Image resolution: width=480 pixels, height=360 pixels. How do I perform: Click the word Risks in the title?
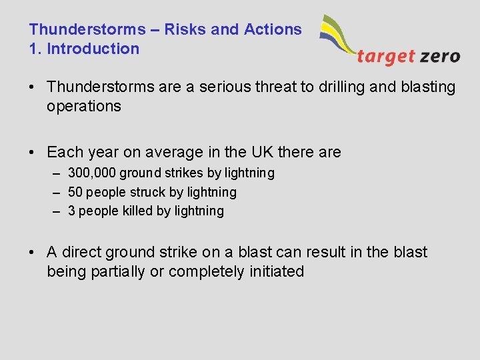pyautogui.click(x=183, y=29)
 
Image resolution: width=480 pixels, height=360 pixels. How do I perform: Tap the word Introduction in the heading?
pyautogui.click(x=93, y=49)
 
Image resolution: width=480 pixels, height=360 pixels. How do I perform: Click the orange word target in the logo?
pyautogui.click(x=385, y=56)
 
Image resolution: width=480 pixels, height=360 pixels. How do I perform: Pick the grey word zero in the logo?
pyautogui.click(x=440, y=56)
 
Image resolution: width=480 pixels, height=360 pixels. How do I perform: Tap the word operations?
pyautogui.click(x=84, y=106)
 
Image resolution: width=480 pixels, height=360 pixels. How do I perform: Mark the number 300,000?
pyautogui.click(x=92, y=173)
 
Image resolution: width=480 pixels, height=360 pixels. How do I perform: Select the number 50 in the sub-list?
pyautogui.click(x=75, y=192)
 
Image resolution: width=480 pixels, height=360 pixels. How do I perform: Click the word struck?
pyautogui.click(x=135, y=192)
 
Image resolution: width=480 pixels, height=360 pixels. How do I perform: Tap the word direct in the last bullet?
pyautogui.click(x=82, y=252)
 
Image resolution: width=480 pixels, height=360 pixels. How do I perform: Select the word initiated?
pyautogui.click(x=276, y=271)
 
